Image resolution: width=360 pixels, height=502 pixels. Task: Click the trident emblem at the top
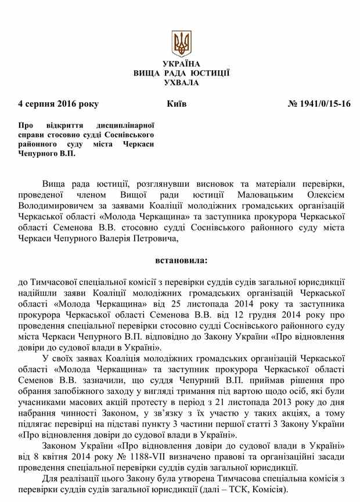(181, 43)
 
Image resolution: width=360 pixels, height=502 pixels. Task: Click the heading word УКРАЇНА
(181, 63)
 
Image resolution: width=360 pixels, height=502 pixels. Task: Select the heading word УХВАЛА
(181, 82)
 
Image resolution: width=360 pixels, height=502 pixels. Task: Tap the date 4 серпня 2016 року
(58, 104)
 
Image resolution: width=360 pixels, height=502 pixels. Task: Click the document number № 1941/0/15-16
(320, 104)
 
